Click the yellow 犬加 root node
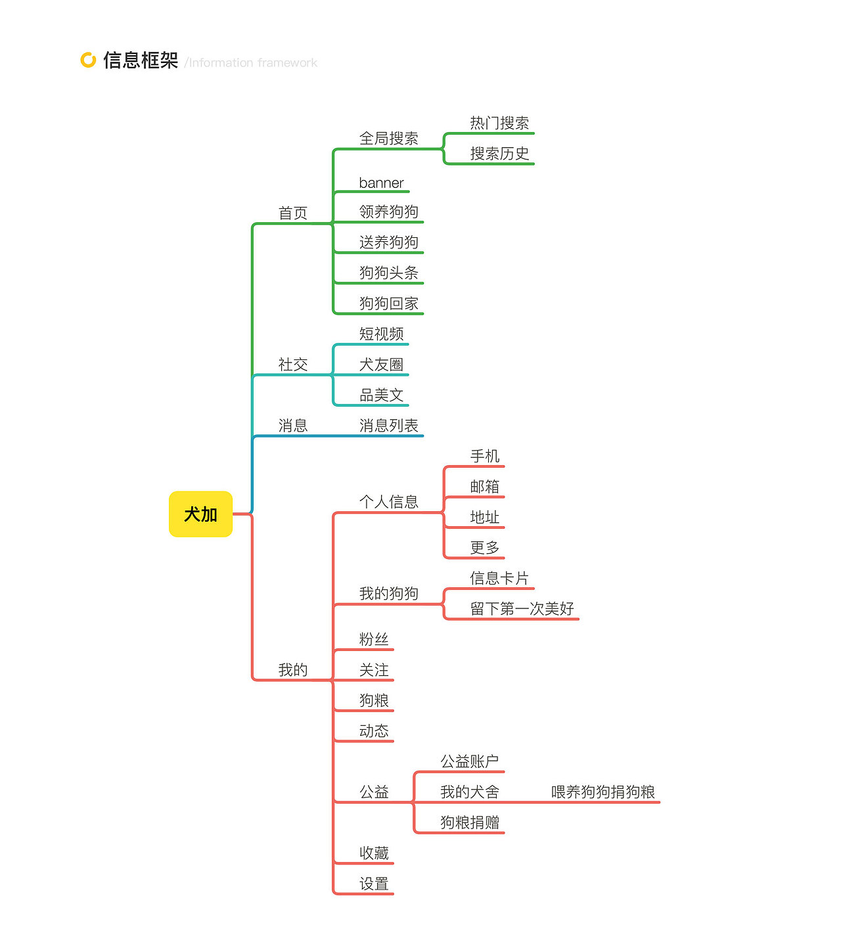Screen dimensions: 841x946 point(200,514)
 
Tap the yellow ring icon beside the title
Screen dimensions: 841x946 point(88,60)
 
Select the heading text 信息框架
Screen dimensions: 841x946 point(141,60)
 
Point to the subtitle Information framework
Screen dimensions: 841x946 point(253,63)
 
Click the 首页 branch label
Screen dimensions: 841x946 point(293,214)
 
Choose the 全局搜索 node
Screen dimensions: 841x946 point(388,139)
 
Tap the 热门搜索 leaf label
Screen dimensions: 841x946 point(499,123)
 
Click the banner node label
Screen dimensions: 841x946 point(381,183)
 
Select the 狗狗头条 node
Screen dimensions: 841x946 point(388,273)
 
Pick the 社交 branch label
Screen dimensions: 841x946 point(293,365)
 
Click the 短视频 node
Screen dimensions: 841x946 point(381,334)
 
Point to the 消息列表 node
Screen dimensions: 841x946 point(388,426)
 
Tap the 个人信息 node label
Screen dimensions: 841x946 point(388,502)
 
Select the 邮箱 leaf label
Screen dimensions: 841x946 point(485,487)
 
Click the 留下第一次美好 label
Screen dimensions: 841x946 point(522,609)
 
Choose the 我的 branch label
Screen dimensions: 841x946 point(293,670)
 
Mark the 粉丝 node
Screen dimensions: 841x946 point(374,639)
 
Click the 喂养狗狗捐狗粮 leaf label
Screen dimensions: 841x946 point(602,792)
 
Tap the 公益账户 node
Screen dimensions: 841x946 point(469,761)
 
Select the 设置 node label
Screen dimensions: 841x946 point(374,884)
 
